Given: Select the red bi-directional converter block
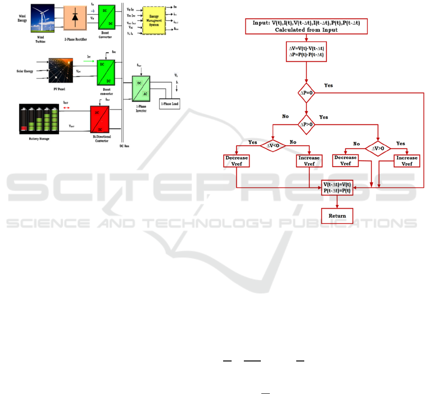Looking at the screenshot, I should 103,121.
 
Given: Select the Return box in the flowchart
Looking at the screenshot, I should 337,216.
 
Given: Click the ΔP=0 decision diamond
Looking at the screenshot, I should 307,93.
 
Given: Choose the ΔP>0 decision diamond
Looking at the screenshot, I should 307,125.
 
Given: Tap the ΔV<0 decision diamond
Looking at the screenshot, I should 273,146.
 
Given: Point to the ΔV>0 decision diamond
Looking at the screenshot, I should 379,148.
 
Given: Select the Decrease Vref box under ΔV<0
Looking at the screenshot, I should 236,161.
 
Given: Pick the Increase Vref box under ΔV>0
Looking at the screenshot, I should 407,161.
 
